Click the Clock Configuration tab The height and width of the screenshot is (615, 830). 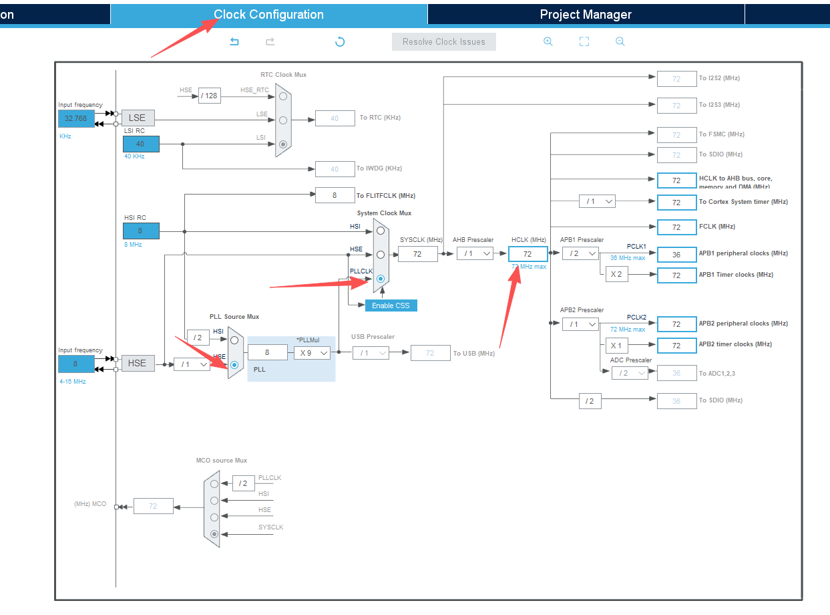tap(268, 15)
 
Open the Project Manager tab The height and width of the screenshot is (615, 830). tap(585, 15)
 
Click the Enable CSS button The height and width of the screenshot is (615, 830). tap(391, 305)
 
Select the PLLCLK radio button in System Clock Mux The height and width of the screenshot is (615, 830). tap(381, 278)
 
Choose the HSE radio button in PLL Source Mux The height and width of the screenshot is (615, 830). tap(234, 365)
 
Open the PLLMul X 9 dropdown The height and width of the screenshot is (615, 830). tap(312, 352)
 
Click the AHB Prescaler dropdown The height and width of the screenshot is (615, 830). tap(475, 254)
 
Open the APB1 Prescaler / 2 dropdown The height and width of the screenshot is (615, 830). tap(580, 253)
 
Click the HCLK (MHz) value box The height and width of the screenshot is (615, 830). tap(528, 254)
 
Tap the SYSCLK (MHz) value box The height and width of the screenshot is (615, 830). tap(417, 254)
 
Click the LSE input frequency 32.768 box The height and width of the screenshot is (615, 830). tap(75, 119)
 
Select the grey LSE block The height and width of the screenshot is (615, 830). tap(137, 118)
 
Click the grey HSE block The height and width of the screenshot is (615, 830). tap(137, 363)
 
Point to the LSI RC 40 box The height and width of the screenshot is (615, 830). tap(140, 144)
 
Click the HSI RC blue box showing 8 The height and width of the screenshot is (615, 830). tap(140, 231)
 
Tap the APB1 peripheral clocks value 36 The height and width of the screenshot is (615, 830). tap(676, 255)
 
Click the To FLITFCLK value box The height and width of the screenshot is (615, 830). tap(335, 195)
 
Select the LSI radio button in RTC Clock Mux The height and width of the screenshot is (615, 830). tap(283, 144)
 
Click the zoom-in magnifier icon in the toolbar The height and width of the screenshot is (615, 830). tap(548, 41)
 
